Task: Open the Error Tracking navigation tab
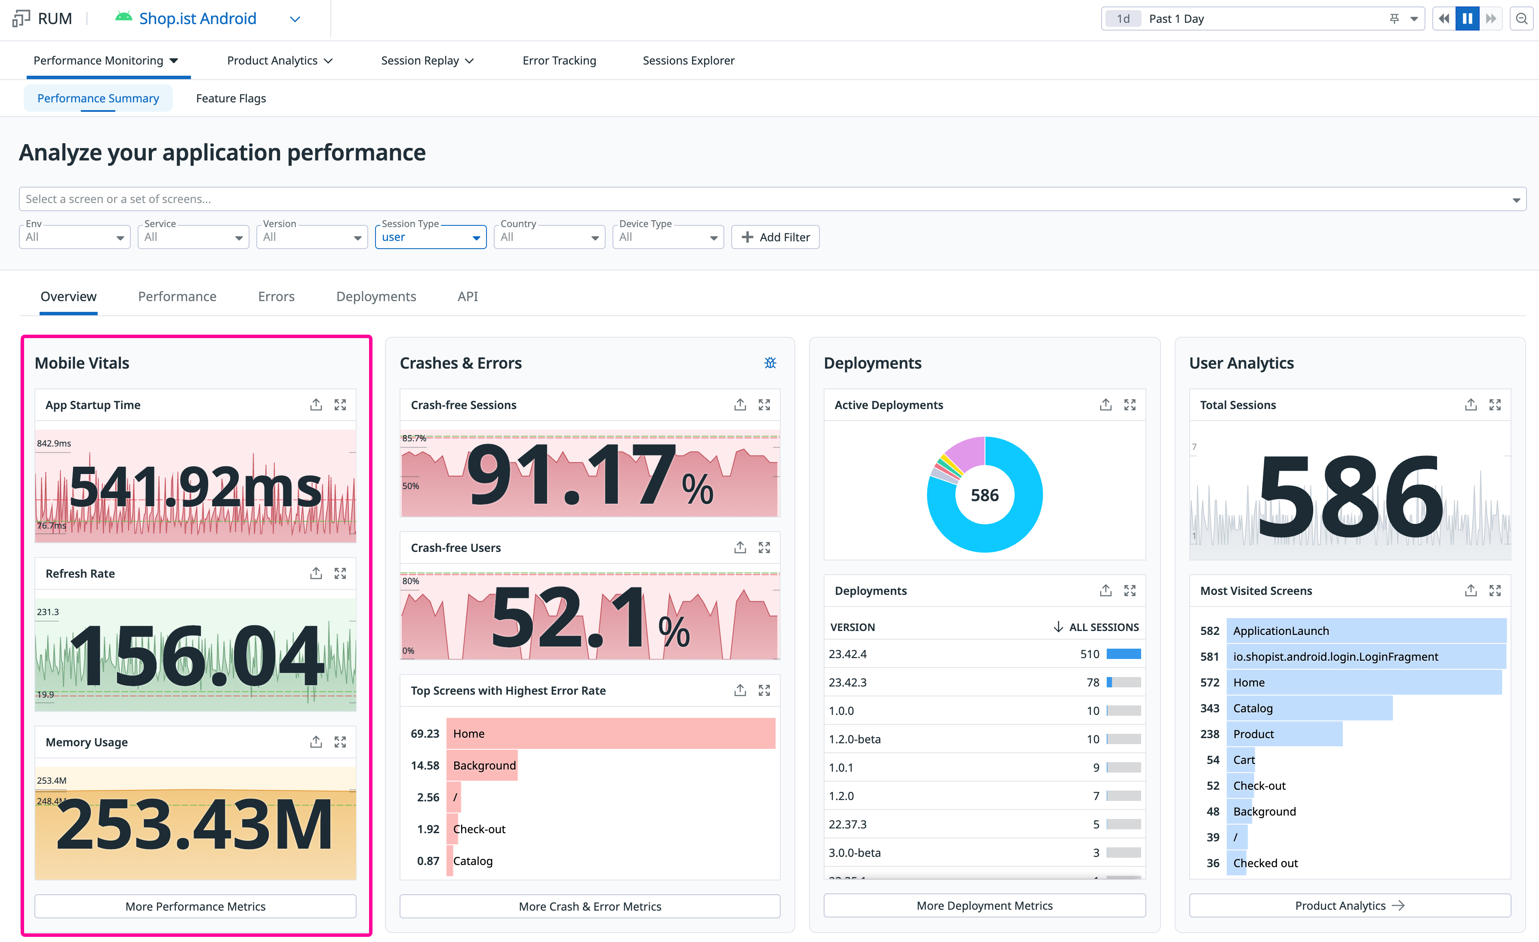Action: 559,61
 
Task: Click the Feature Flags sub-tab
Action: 231,98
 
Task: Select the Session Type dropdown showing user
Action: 431,237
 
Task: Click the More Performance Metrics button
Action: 196,906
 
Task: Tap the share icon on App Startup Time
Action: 316,405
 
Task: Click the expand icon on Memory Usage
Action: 340,742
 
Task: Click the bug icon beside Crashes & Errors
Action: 770,363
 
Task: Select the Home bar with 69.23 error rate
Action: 611,733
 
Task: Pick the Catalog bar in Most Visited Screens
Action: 1310,708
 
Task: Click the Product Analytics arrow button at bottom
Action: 1350,906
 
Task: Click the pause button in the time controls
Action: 1467,19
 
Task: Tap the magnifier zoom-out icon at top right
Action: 1521,19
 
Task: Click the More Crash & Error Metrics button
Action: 590,906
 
